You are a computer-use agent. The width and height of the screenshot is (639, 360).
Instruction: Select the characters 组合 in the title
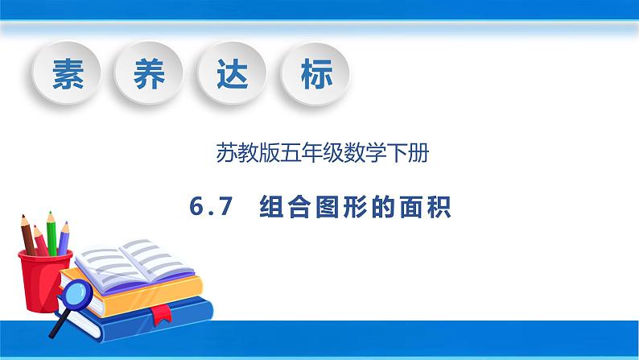(281, 209)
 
